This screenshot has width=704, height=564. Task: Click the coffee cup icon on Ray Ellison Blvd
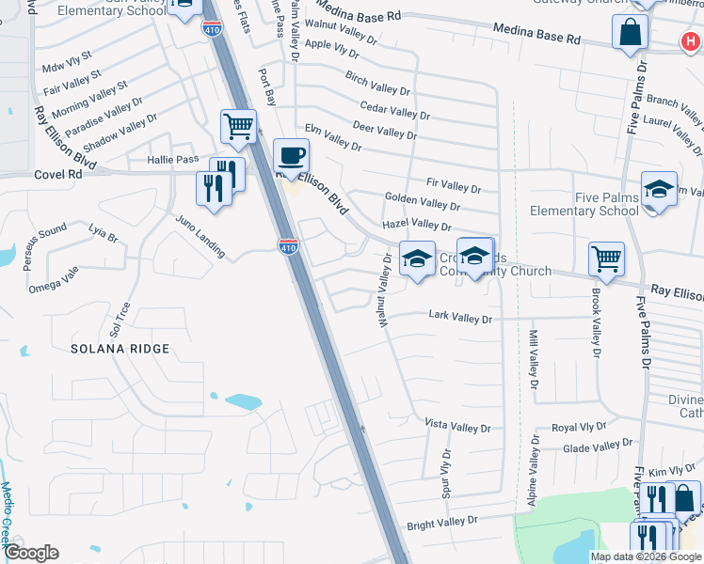pyautogui.click(x=291, y=154)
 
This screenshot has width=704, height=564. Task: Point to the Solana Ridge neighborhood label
pyautogui.click(x=120, y=349)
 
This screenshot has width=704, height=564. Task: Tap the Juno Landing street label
pyautogui.click(x=200, y=236)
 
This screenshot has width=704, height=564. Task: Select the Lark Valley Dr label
pyautogui.click(x=460, y=319)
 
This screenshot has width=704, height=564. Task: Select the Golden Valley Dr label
pyautogui.click(x=423, y=200)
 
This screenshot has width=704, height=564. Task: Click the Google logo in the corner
pyautogui.click(x=31, y=553)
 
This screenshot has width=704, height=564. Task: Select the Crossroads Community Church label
pyautogui.click(x=494, y=264)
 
